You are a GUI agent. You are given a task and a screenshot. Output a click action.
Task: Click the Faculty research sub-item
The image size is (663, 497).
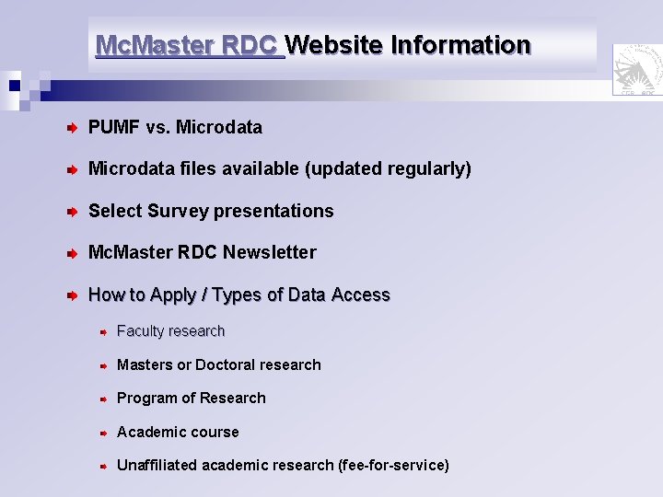point(170,331)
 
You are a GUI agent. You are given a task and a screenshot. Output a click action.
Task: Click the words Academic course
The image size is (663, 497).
point(178,433)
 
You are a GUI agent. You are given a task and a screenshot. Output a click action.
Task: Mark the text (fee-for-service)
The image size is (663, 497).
point(394,466)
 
